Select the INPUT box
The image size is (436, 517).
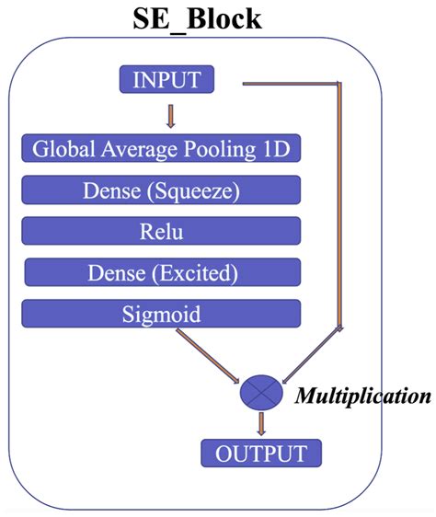pyautogui.click(x=166, y=80)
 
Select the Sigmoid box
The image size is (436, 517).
pyautogui.click(x=162, y=314)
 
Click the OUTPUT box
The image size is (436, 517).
pyautogui.click(x=261, y=453)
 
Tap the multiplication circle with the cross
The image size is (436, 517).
pyautogui.click(x=262, y=392)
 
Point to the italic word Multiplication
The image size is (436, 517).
pyautogui.click(x=362, y=396)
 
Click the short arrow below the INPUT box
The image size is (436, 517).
pyautogui.click(x=169, y=116)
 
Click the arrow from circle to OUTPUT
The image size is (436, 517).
pyautogui.click(x=262, y=422)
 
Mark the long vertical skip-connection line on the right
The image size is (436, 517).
pyautogui.click(x=340, y=202)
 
